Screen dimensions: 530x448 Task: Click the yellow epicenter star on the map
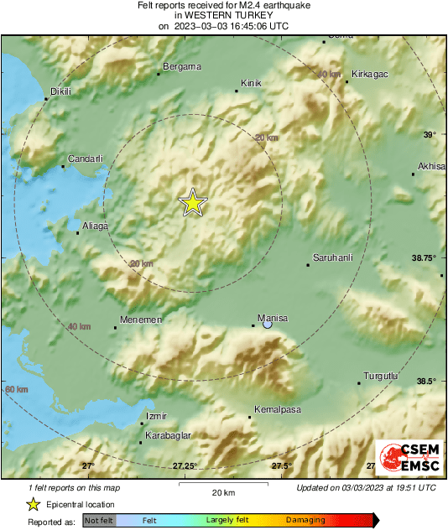point(193,203)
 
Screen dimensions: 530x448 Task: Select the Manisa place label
point(274,318)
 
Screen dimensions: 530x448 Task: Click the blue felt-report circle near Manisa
point(268,325)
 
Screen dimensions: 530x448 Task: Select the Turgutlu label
point(379,375)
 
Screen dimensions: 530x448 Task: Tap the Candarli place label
point(85,158)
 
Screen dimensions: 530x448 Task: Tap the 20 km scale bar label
point(222,491)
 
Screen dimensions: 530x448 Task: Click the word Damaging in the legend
point(305,520)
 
